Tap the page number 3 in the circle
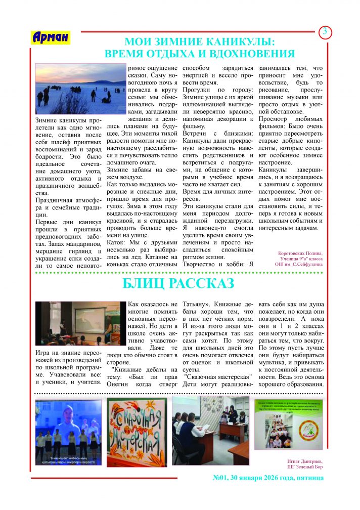click(x=325, y=32)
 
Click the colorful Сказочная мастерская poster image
click(x=137, y=432)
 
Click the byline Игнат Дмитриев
click(x=303, y=461)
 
